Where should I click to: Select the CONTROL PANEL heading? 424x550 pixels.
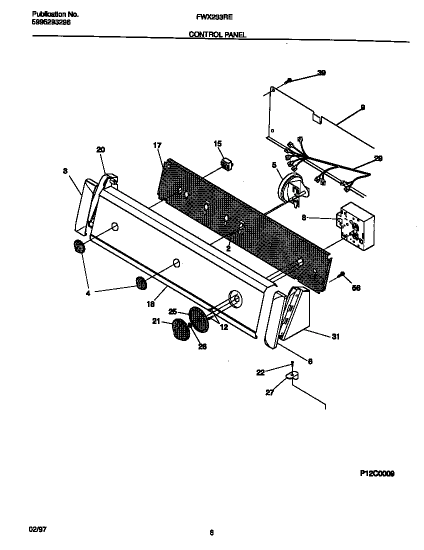(217, 34)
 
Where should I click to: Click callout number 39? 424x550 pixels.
(321, 73)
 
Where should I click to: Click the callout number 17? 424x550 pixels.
(157, 145)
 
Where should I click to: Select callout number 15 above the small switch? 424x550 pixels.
(217, 144)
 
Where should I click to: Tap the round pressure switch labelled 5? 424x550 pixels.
(292, 190)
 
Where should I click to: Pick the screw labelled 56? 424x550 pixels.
(341, 273)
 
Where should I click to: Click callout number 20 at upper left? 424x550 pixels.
(100, 149)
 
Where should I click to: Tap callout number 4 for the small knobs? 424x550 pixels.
(88, 293)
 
